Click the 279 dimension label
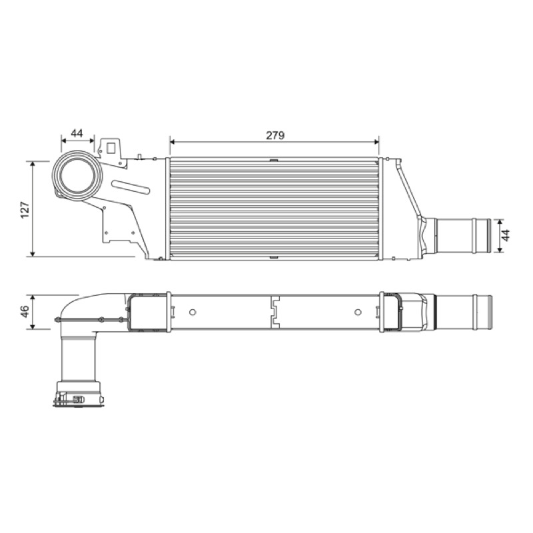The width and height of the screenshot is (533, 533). point(275,135)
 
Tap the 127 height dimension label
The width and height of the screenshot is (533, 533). point(25,209)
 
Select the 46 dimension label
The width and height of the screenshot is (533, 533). point(25,312)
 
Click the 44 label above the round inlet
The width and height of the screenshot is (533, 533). point(77,133)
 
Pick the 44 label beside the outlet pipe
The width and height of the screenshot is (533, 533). point(506,235)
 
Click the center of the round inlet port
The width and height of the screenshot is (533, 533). point(77,175)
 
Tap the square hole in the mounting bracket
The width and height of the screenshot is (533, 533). point(111,148)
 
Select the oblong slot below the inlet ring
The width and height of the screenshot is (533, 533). point(131,187)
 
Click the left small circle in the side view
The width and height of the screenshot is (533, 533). point(193,312)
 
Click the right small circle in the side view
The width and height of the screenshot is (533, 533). point(358,312)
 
